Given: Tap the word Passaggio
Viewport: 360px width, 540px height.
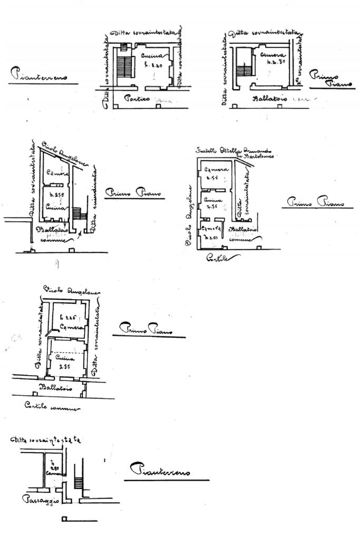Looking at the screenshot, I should pos(40,500).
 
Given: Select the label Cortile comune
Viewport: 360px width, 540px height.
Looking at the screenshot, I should pos(52,407).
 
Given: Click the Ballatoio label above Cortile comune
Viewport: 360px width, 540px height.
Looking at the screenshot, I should pos(52,388).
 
